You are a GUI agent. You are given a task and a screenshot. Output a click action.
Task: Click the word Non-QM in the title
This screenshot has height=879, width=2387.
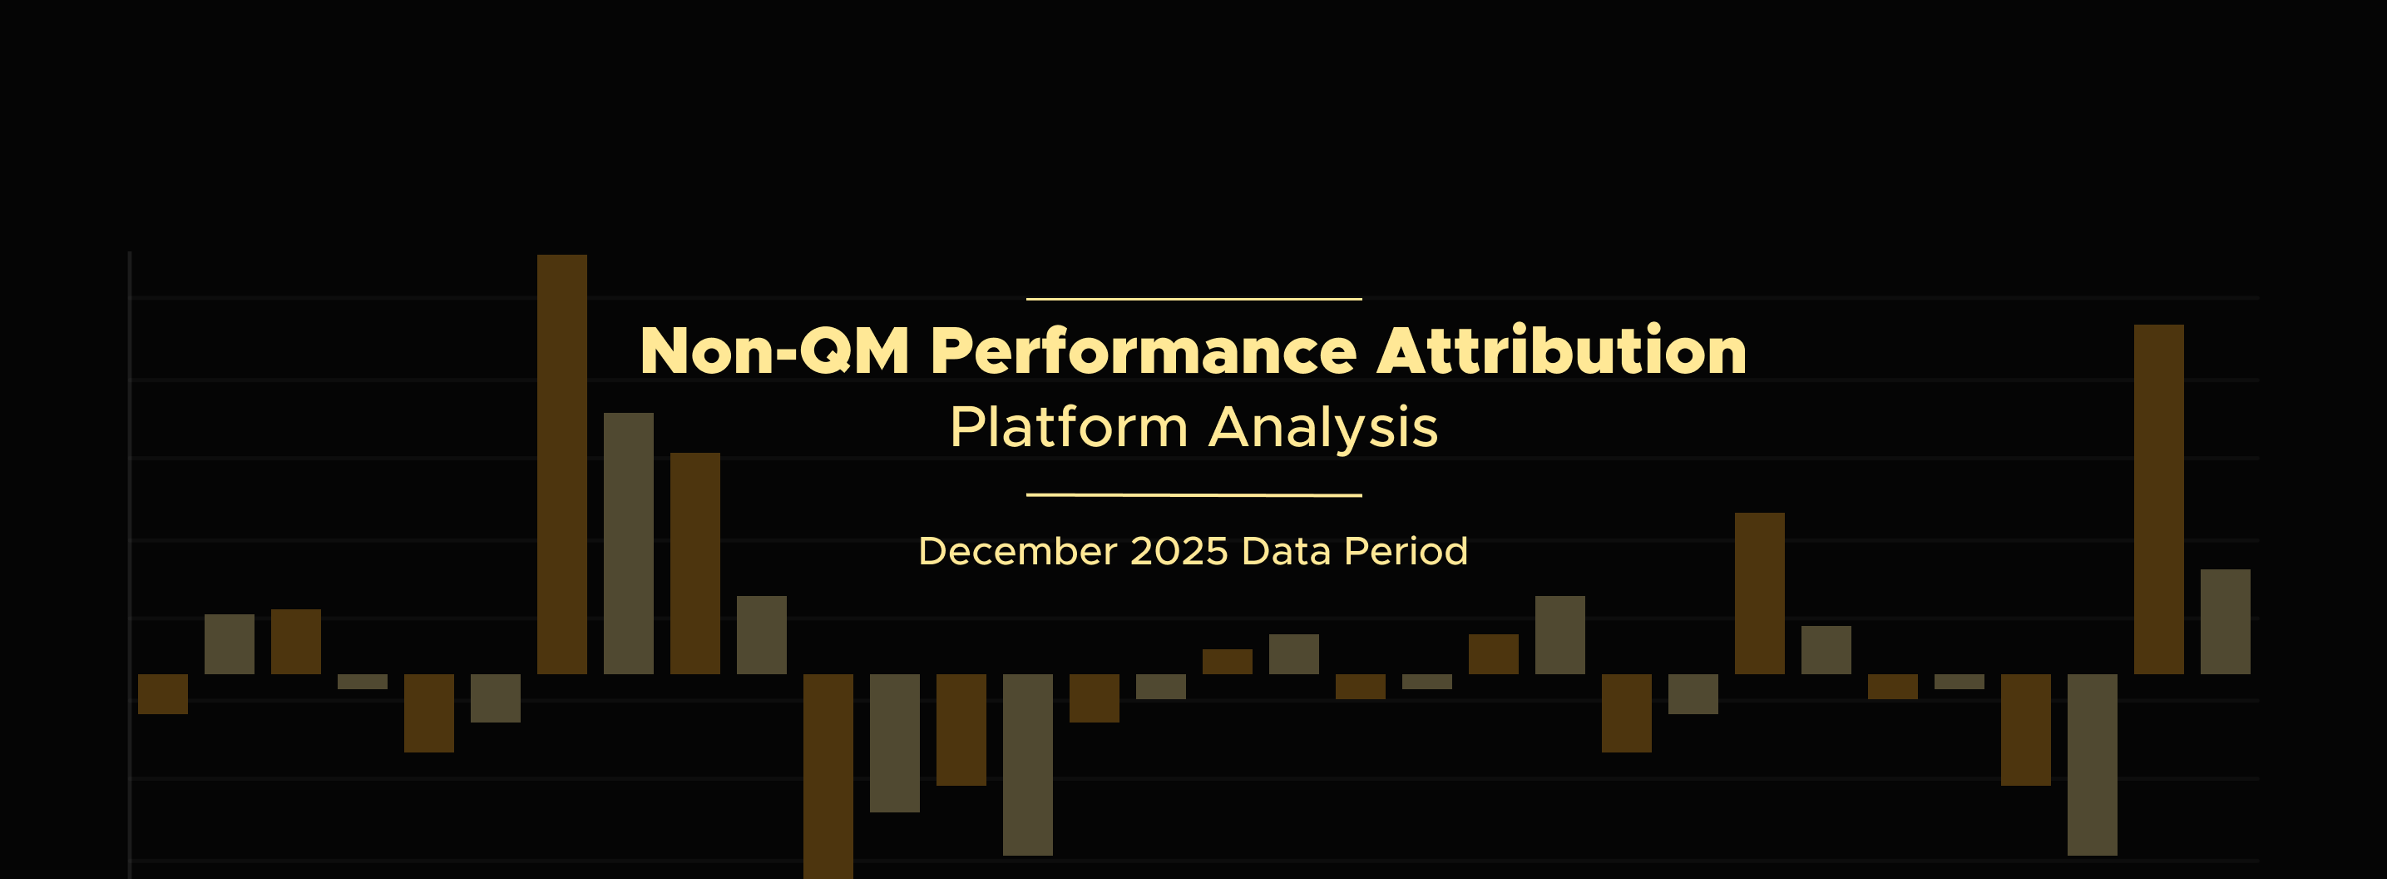click(774, 350)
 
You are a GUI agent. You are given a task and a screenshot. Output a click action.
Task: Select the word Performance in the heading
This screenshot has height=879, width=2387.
click(1144, 350)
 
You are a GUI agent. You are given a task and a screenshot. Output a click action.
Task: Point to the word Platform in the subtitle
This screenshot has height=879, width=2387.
click(1069, 428)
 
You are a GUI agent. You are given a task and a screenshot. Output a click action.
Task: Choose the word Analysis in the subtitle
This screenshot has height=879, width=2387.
click(1323, 428)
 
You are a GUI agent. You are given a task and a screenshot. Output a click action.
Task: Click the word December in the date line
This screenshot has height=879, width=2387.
click(1017, 551)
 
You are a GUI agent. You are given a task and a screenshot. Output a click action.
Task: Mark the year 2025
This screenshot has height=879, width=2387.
click(1179, 551)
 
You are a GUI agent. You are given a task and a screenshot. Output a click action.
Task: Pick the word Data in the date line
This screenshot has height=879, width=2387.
click(1286, 551)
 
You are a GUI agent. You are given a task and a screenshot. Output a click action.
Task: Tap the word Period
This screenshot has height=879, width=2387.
click(1406, 551)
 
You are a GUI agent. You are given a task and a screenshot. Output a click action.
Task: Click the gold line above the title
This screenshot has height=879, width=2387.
click(1193, 300)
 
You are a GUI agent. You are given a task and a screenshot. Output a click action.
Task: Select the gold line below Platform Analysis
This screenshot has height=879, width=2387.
click(1193, 495)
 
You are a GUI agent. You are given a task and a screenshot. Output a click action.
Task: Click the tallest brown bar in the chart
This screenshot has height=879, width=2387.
click(561, 464)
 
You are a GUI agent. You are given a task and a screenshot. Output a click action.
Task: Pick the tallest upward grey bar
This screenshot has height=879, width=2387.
click(628, 544)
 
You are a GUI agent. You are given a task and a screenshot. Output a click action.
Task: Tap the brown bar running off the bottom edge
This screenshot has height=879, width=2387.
click(828, 776)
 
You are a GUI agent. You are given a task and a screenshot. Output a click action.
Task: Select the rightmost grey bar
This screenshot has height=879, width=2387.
click(2225, 621)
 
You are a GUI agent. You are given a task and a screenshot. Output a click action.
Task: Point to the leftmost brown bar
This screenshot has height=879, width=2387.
click(163, 693)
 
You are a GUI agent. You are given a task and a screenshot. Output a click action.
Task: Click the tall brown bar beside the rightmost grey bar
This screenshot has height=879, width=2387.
click(2158, 499)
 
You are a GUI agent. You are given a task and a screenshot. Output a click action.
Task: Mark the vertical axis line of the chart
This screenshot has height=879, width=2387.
click(130, 564)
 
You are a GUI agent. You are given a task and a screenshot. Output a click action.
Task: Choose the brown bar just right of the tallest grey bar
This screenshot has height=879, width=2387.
click(695, 563)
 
